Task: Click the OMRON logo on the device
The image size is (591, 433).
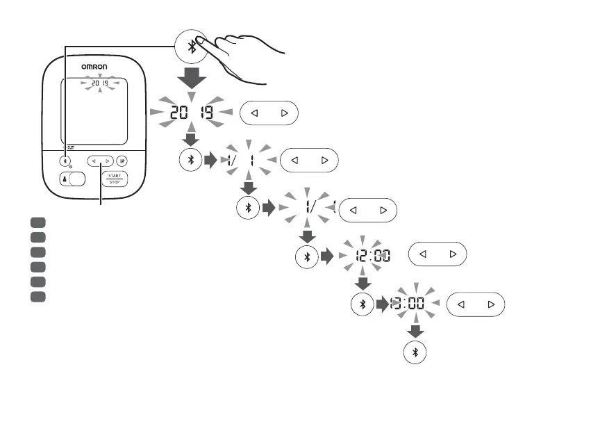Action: (x=94, y=67)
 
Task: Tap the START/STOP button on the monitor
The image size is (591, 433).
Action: (x=113, y=179)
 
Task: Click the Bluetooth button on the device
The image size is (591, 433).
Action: (x=67, y=161)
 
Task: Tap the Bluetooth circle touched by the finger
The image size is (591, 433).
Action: (x=192, y=46)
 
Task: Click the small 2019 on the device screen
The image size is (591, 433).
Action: (x=100, y=83)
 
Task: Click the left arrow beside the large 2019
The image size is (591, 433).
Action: (x=254, y=113)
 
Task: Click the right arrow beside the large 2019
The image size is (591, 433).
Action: (x=283, y=113)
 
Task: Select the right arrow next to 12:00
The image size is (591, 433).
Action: (x=453, y=255)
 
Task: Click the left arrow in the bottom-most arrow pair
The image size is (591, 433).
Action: (x=460, y=304)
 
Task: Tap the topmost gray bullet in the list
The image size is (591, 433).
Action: (x=38, y=222)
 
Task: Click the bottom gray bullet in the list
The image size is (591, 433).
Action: (x=38, y=297)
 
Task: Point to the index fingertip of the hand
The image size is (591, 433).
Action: (x=200, y=40)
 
